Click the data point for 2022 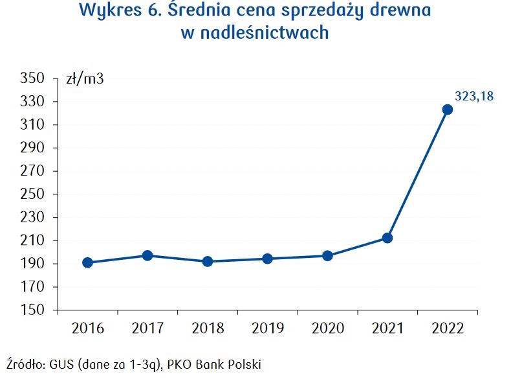447,110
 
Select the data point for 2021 387,238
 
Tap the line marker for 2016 87,262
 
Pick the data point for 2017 147,255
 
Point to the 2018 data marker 208,262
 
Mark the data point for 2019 267,259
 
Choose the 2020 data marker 327,256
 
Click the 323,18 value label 474,96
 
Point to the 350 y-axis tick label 33,79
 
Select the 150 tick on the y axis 33,310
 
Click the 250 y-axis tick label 33,194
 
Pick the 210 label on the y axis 33,241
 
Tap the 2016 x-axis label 87,329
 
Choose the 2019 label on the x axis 267,329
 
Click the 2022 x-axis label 447,329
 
